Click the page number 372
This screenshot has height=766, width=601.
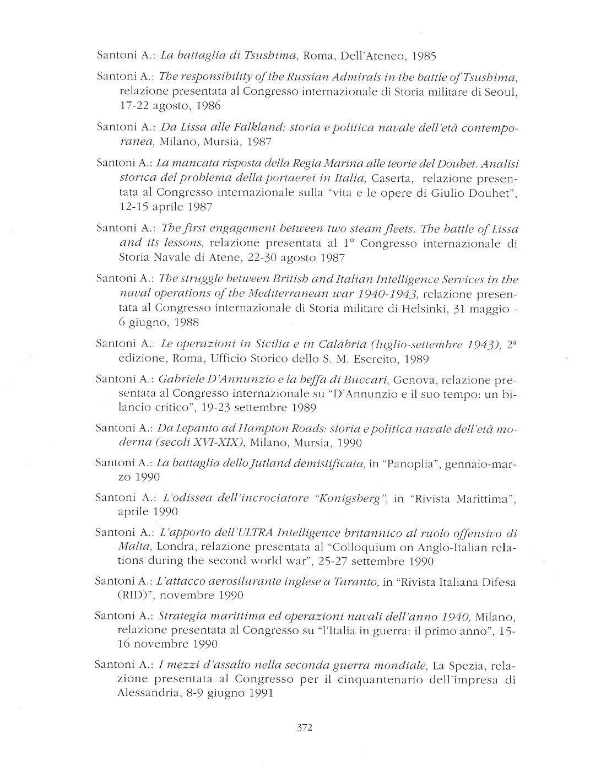(305, 727)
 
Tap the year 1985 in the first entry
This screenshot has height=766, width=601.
(424, 56)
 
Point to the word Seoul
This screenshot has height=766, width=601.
(502, 91)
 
